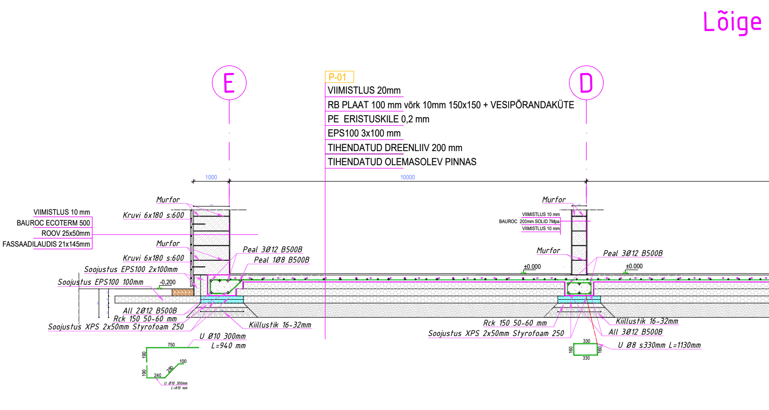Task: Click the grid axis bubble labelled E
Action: click(x=229, y=83)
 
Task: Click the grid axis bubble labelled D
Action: click(x=586, y=83)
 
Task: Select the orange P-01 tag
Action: click(x=338, y=77)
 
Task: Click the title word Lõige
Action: click(x=732, y=22)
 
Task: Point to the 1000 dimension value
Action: click(x=211, y=177)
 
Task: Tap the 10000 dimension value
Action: click(x=407, y=177)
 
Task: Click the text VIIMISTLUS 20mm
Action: click(x=364, y=90)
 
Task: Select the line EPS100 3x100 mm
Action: click(x=364, y=133)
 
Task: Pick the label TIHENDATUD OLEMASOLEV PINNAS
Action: click(x=402, y=162)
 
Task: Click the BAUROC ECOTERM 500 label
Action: click(x=53, y=223)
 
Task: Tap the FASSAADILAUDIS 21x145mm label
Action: click(x=46, y=244)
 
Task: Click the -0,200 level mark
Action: click(x=168, y=282)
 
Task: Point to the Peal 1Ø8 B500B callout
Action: click(x=282, y=260)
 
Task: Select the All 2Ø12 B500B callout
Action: click(x=150, y=311)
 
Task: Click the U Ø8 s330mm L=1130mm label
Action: click(x=659, y=345)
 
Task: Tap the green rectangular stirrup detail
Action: click(x=585, y=349)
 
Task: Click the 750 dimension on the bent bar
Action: click(x=171, y=345)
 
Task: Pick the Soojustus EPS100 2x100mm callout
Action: click(x=131, y=270)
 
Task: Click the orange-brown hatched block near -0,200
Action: click(x=183, y=292)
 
